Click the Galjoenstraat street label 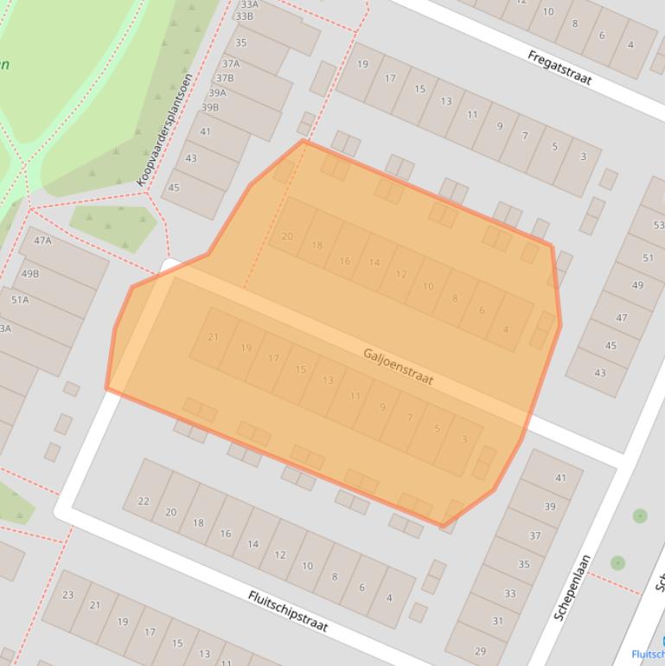point(398,367)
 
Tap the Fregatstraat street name point(559,67)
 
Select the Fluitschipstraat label point(288,611)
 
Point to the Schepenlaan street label point(572,587)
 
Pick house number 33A point(249,4)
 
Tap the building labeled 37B point(224,78)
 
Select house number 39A point(216,93)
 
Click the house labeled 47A point(42,240)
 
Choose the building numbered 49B point(29,273)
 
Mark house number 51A point(19,300)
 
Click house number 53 point(658,226)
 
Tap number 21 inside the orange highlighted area point(213,337)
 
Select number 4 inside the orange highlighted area point(506,329)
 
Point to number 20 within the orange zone point(287,236)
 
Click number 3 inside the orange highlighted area point(464,439)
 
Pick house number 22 point(144,501)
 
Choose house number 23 point(67,594)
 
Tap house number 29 point(480,651)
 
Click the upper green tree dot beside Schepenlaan point(640,516)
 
